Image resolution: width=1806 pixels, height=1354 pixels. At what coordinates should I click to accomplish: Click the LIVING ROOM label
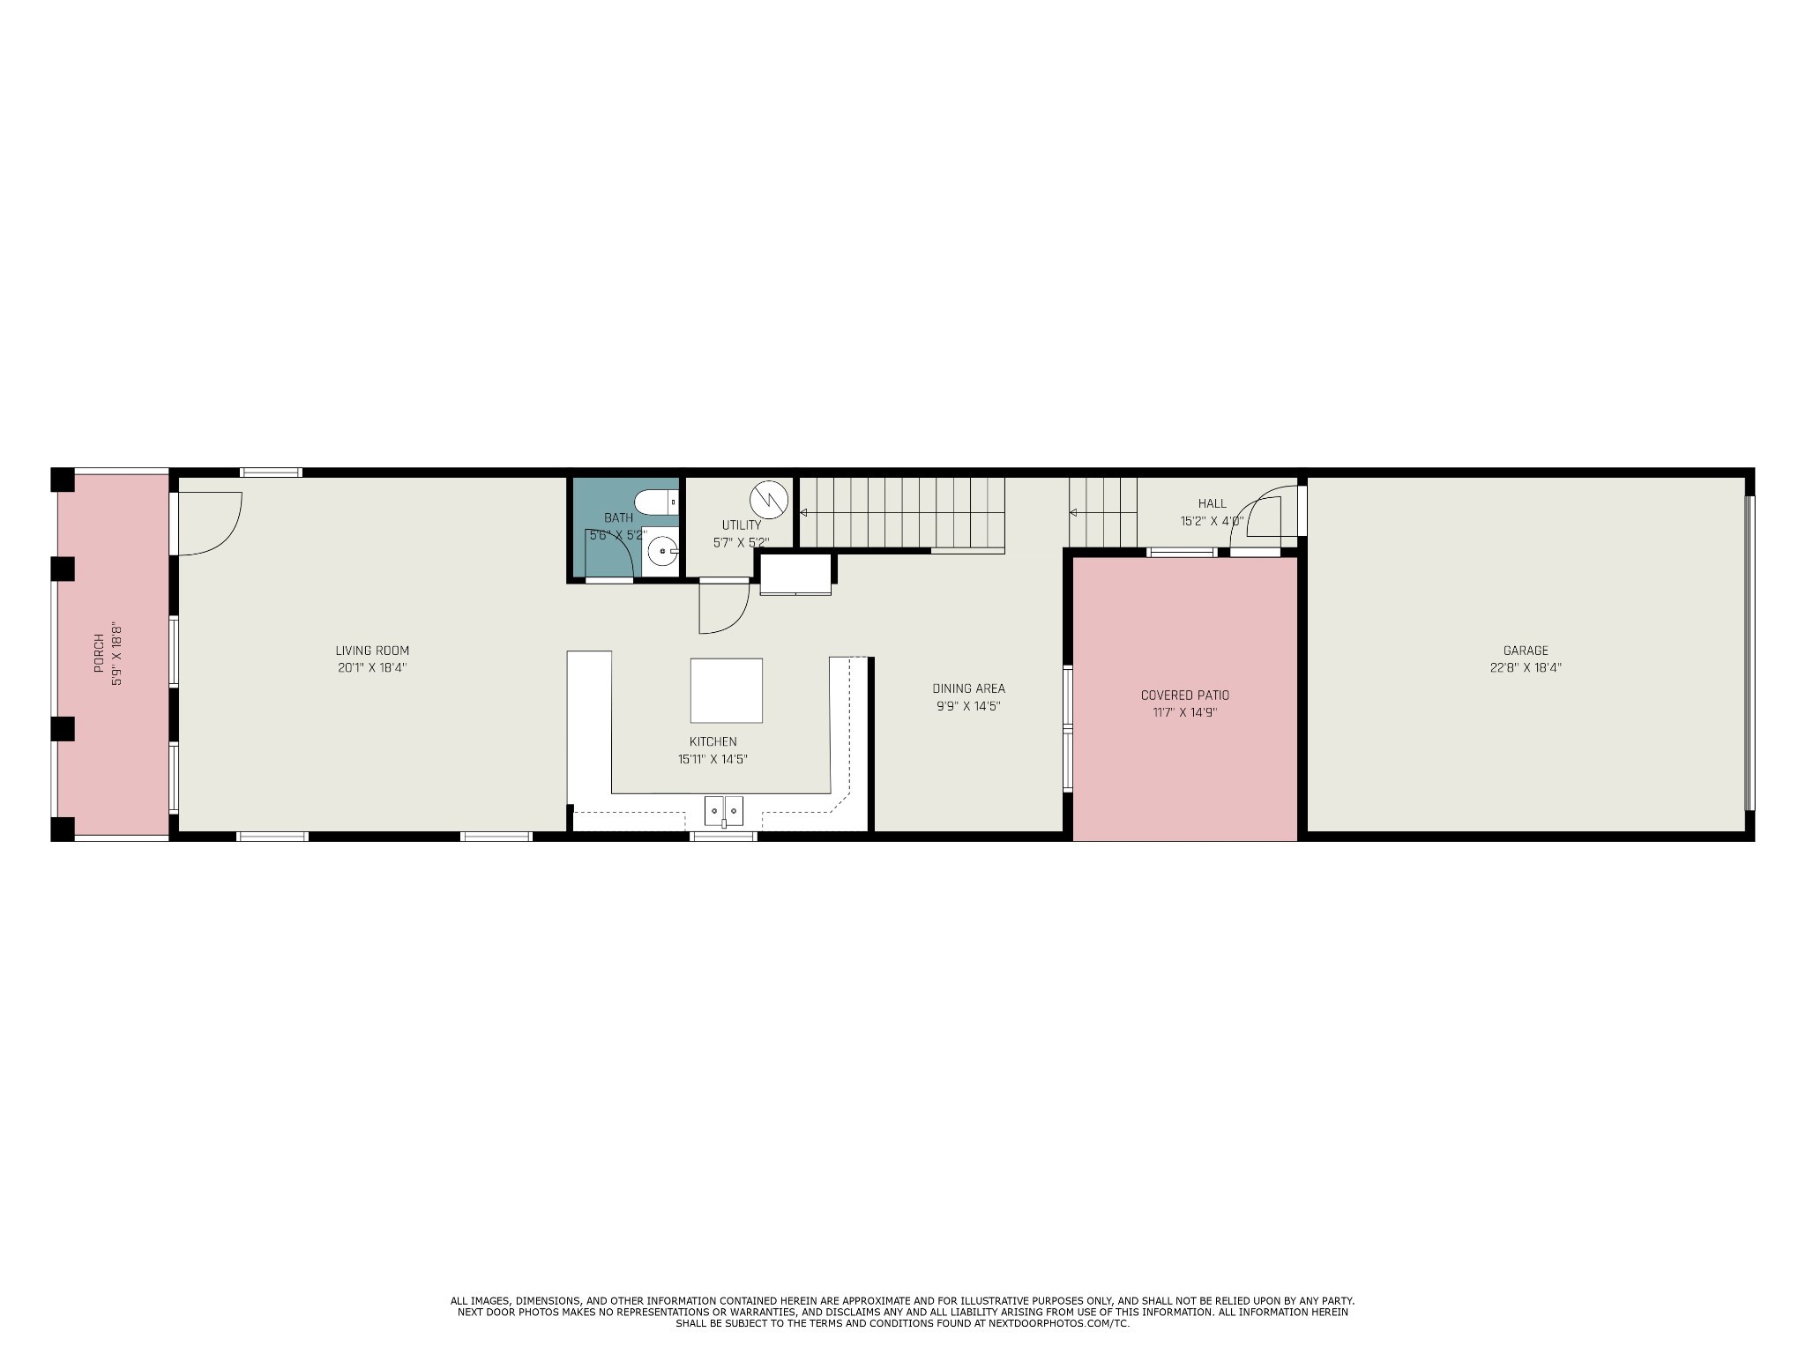tap(372, 651)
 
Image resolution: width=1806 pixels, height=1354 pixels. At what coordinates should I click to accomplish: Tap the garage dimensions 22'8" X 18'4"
tap(1526, 667)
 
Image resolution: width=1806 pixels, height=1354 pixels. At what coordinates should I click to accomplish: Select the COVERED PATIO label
tap(1184, 695)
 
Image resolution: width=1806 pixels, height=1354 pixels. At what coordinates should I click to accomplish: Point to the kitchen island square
tap(726, 690)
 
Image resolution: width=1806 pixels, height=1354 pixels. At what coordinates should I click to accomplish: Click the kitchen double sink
tap(723, 808)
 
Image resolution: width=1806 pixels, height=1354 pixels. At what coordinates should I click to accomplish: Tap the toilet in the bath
tap(656, 502)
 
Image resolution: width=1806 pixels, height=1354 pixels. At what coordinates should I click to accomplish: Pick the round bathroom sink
tap(660, 552)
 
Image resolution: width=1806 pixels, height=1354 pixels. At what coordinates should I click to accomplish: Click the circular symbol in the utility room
tap(767, 499)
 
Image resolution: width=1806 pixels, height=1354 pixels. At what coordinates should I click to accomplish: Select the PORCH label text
tap(99, 653)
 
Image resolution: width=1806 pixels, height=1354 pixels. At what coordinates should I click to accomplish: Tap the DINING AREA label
tap(968, 688)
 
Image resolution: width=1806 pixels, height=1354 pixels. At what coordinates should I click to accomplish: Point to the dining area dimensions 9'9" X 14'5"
tap(968, 706)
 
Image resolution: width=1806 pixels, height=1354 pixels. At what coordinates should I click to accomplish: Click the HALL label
tap(1212, 503)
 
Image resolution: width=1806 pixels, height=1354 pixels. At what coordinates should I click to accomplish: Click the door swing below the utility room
tap(722, 608)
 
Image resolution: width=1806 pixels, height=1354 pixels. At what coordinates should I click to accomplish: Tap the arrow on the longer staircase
tap(803, 512)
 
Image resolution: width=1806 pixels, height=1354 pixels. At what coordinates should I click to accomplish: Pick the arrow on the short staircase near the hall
tap(1073, 512)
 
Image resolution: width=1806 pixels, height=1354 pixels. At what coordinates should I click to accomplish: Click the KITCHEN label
tap(713, 741)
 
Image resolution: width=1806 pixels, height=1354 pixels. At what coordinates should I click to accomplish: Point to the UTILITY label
tap(741, 524)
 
